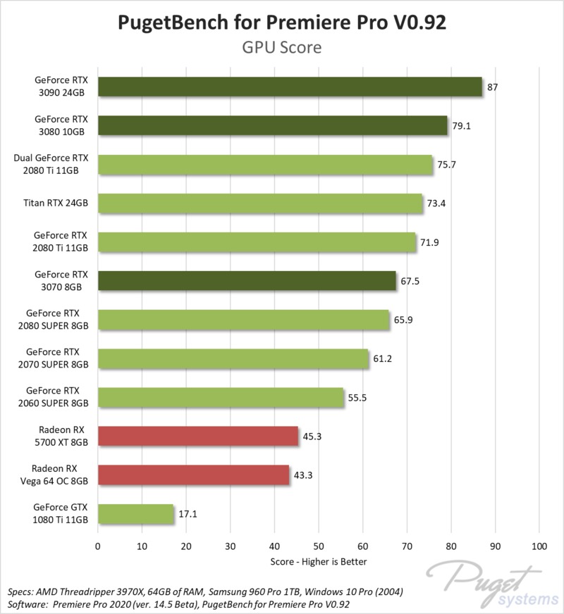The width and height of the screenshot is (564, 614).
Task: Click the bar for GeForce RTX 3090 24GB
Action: (x=289, y=87)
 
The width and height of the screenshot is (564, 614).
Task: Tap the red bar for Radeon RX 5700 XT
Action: (x=197, y=437)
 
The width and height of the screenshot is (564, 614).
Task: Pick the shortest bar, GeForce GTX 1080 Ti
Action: (x=135, y=514)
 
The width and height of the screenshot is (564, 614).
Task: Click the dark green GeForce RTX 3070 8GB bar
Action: (x=247, y=281)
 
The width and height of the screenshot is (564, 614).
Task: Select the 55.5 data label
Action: (x=357, y=398)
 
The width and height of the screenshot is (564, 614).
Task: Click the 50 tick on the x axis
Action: (x=319, y=546)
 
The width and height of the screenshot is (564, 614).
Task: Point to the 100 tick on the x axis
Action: (x=539, y=546)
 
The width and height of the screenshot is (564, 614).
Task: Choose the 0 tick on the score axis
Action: (x=98, y=546)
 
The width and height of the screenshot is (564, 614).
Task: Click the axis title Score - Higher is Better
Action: (x=319, y=561)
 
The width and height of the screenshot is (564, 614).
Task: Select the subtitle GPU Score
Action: (x=282, y=48)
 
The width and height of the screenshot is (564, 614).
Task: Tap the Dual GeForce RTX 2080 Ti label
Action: (x=57, y=164)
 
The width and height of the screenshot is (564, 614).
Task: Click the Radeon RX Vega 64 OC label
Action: (x=59, y=475)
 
